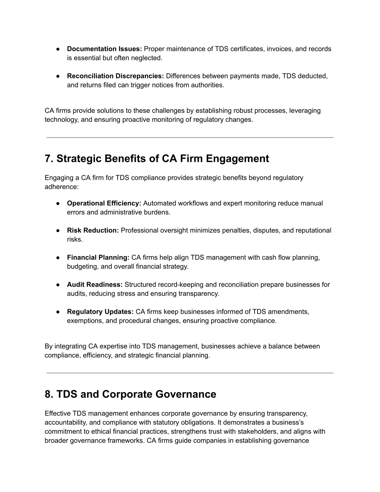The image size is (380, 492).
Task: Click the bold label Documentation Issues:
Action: click(x=104, y=49)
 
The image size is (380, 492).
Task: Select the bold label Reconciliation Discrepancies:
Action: click(x=115, y=76)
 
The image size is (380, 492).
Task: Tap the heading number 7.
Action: click(x=49, y=159)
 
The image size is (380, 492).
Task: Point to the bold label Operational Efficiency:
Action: click(x=104, y=203)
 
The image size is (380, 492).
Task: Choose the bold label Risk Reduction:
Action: click(x=93, y=231)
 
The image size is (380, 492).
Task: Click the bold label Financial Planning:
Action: click(x=98, y=258)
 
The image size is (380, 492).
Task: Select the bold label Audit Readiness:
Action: click(x=95, y=285)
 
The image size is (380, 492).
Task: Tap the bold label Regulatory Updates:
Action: click(x=100, y=312)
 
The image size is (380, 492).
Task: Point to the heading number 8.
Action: click(x=49, y=394)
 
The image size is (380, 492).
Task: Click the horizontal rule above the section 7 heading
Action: click(x=190, y=138)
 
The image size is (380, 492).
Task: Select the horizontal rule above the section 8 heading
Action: click(x=190, y=373)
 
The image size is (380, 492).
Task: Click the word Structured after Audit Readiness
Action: click(x=140, y=285)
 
